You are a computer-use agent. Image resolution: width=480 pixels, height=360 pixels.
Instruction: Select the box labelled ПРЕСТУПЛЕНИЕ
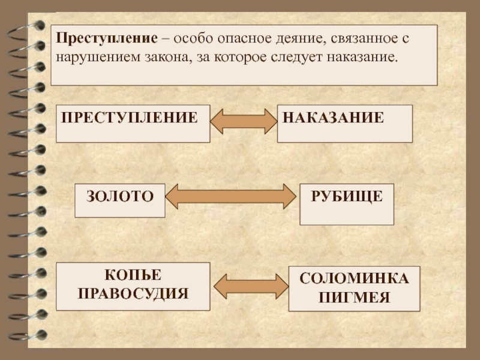coord(133,123)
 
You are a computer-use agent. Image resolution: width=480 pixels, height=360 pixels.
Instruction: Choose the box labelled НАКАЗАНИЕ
coord(344,123)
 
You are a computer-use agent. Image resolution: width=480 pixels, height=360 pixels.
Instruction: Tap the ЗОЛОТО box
coord(119,200)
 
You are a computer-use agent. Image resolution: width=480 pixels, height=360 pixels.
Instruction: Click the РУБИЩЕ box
coord(346,203)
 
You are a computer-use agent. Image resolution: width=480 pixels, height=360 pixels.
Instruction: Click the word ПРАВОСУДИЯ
coord(133,294)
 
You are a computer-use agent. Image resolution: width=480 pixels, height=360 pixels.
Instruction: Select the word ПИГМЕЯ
coord(354,297)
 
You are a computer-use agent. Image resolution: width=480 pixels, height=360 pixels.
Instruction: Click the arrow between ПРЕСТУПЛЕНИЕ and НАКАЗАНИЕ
coord(244,121)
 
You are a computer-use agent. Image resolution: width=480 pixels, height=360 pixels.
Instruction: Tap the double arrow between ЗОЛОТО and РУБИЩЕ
coord(231,196)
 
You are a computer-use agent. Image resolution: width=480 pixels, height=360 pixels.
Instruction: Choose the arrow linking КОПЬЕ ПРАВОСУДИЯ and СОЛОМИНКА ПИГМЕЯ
coord(250,286)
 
